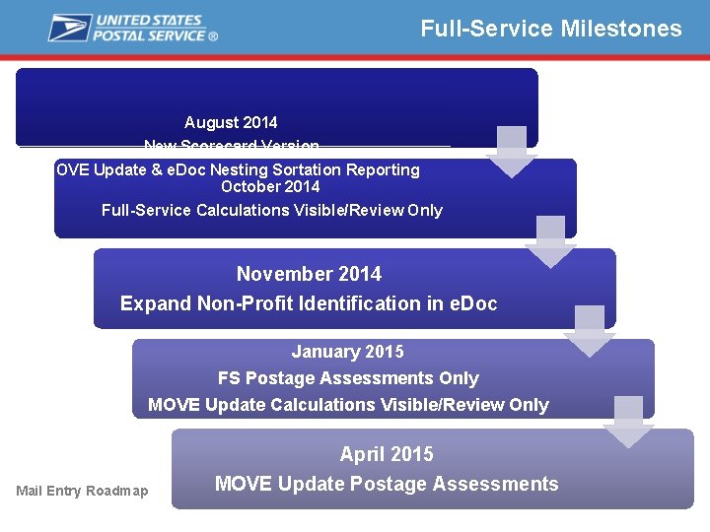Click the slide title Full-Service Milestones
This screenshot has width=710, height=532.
click(550, 29)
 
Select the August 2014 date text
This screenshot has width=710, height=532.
click(231, 123)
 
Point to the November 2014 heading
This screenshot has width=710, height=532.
click(309, 274)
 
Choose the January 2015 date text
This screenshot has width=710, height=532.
click(347, 352)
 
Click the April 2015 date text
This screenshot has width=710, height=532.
click(387, 454)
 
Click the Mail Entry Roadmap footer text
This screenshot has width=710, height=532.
click(82, 491)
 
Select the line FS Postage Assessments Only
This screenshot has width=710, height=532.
click(348, 378)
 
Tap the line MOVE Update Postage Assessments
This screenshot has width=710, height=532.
click(387, 484)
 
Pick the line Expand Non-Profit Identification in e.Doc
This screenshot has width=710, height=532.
click(309, 303)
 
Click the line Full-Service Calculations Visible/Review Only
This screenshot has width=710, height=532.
click(272, 210)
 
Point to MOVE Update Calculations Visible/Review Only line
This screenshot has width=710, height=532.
click(348, 405)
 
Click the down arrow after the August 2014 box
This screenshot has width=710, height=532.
click(511, 152)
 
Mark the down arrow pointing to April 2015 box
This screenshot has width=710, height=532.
click(628, 422)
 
